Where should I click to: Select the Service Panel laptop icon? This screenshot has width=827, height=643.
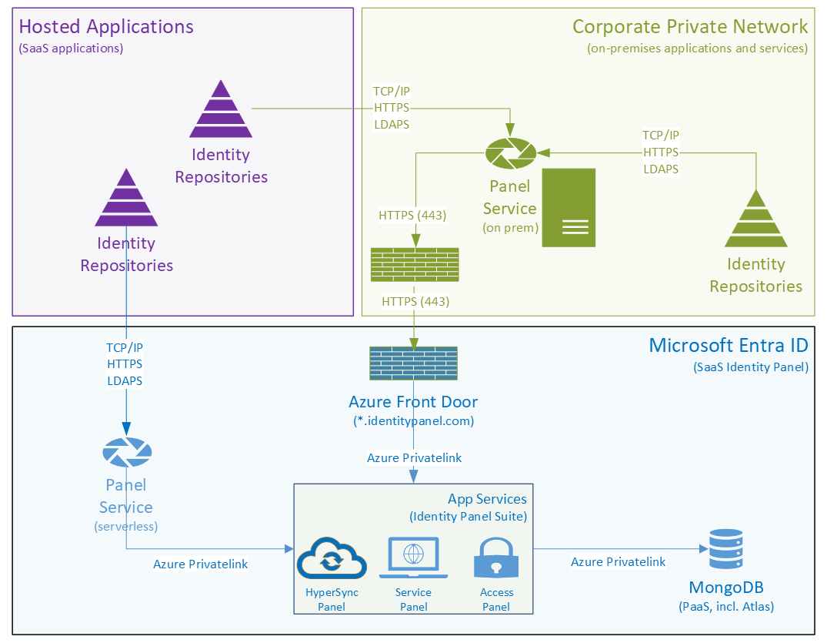point(413,558)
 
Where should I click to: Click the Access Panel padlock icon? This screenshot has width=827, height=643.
point(496,558)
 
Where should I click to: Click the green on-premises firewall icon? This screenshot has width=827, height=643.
point(415,265)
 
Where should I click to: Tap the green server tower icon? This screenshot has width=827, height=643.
point(569,208)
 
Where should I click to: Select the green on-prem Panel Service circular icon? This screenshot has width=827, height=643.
point(510,153)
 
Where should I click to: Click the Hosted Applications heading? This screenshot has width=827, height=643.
point(106,26)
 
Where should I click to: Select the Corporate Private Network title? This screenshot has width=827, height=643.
point(690,26)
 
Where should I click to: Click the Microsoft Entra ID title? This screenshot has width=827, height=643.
point(729,344)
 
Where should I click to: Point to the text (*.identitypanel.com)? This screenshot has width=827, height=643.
point(413,420)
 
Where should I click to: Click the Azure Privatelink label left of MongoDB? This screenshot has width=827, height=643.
point(618,562)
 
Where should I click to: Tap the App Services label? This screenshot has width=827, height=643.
point(487,499)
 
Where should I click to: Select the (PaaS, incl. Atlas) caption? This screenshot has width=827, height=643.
point(726,606)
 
